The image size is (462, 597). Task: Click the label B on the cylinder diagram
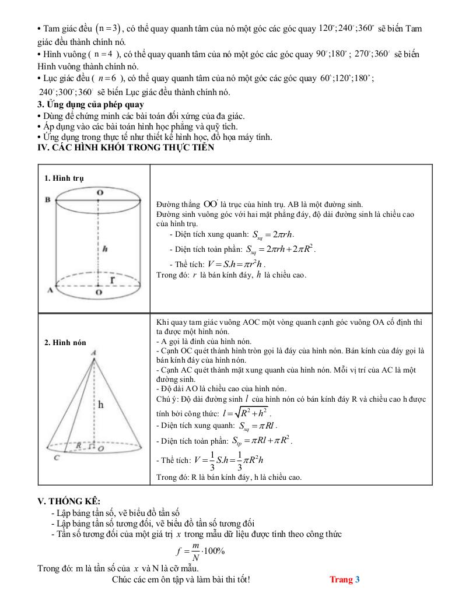point(48,200)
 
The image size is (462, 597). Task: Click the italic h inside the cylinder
point(104,248)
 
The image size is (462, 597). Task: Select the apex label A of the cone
point(93,352)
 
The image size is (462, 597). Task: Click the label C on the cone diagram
point(57,458)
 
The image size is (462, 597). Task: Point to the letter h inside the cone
point(100,404)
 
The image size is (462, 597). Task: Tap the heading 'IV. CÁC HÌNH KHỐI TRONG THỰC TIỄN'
point(125,148)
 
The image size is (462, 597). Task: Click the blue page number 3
point(358,579)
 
